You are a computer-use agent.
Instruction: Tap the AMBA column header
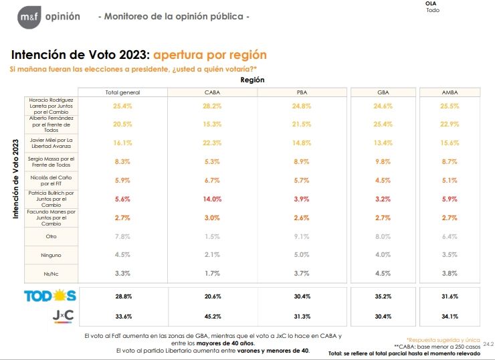pos(450,92)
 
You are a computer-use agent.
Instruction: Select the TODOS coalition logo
pos(50,295)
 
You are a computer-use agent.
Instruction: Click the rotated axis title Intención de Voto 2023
pos(16,179)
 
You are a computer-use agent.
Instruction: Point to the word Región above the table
pos(252,80)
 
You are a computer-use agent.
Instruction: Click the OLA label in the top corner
pos(431,4)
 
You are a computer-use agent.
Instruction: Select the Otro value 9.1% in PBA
pos(302,236)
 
